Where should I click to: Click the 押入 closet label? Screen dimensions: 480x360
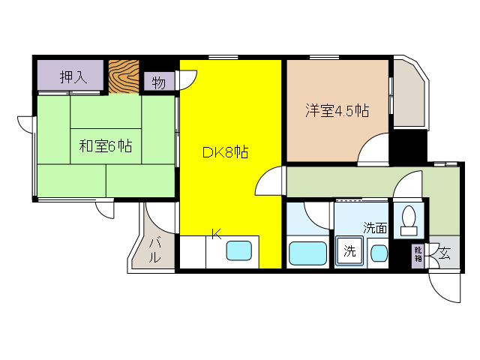[x=73, y=77]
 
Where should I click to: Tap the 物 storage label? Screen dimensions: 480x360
[x=158, y=82]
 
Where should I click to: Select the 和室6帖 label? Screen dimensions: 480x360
[x=106, y=146]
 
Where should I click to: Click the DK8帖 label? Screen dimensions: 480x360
[x=225, y=152]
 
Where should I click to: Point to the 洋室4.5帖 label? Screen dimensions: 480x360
[x=337, y=110]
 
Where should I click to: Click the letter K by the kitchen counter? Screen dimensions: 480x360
[x=217, y=234]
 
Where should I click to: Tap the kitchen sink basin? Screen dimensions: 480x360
[x=238, y=250]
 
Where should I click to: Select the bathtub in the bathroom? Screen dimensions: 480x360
[x=307, y=253]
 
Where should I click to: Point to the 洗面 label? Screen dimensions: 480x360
[x=375, y=228]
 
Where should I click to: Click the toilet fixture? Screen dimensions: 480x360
[x=409, y=220]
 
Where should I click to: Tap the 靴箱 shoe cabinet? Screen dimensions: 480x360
[x=418, y=253]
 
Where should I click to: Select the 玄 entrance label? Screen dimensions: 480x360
[x=444, y=253]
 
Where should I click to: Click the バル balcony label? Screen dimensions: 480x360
[x=155, y=250]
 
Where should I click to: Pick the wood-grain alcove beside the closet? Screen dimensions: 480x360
[x=124, y=76]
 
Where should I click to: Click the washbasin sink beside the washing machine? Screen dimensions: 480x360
[x=379, y=253]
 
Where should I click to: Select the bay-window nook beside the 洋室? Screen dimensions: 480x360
[x=409, y=93]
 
